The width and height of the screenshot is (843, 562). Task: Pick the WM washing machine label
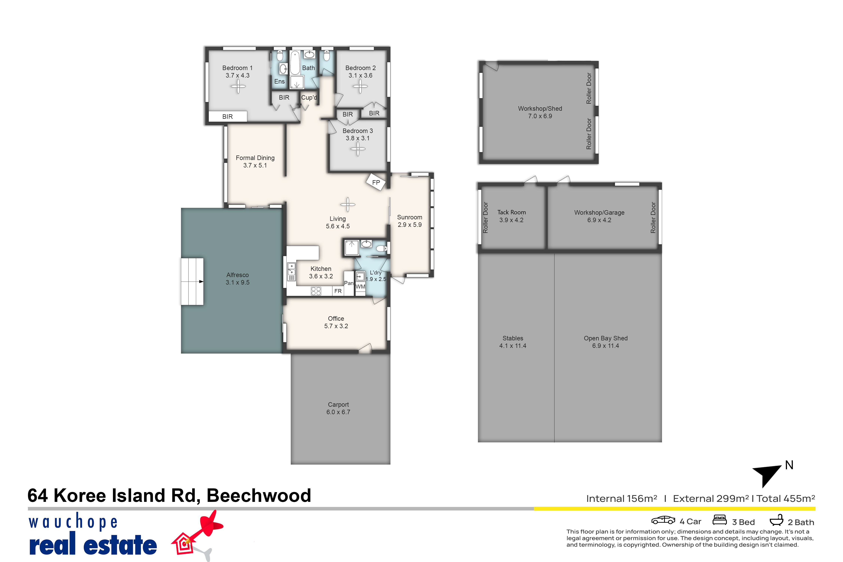[x=360, y=286]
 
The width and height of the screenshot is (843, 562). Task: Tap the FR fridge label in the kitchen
[x=338, y=291]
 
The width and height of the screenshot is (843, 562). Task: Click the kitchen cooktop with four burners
[x=316, y=291]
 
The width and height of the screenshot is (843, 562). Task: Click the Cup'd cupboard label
[x=309, y=97]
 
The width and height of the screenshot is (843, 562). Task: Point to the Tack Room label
[x=511, y=212]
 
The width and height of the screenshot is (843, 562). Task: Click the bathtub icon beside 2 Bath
[x=776, y=520]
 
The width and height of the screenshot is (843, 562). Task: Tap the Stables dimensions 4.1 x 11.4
[x=513, y=345]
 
